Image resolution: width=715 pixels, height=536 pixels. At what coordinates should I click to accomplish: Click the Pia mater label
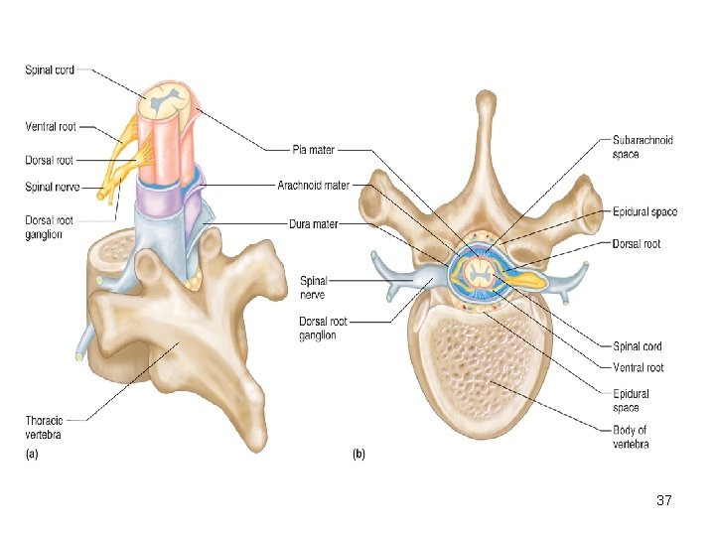point(313,150)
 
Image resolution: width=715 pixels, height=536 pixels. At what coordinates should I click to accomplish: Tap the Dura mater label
point(314,224)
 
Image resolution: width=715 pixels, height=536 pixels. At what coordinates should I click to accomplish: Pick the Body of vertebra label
point(632,437)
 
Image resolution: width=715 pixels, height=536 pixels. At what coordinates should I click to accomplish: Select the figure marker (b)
point(358,455)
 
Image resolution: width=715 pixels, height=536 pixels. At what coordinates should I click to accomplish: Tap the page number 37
point(664,501)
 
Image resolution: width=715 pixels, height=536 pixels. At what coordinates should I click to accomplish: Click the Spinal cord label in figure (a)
point(50,69)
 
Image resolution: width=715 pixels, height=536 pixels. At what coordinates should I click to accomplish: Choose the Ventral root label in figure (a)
point(51,127)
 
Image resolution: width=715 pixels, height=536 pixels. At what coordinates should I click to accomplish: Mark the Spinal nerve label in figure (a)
point(53,186)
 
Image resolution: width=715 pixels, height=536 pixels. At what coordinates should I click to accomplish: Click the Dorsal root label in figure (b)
point(637,243)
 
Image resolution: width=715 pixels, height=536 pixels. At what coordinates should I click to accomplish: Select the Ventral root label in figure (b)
point(639,367)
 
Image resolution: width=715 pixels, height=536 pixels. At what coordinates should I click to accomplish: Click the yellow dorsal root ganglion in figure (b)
point(530,279)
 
